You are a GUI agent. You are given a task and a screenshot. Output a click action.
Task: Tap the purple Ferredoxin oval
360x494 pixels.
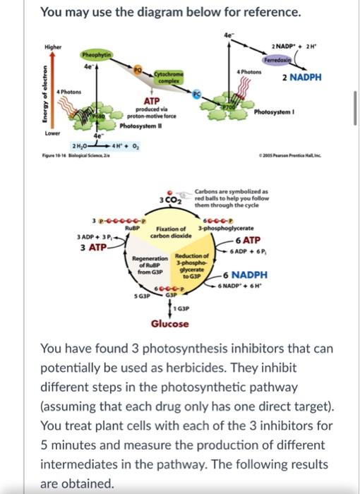tap(298, 61)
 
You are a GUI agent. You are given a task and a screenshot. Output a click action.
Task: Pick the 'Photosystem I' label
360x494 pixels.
tap(275, 112)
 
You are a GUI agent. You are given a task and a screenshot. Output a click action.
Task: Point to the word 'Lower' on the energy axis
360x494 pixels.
tap(52, 131)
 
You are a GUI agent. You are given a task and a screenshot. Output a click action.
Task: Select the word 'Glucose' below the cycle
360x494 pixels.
tap(169, 324)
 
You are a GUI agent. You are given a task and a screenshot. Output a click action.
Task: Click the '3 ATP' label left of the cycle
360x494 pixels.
tap(92, 247)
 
